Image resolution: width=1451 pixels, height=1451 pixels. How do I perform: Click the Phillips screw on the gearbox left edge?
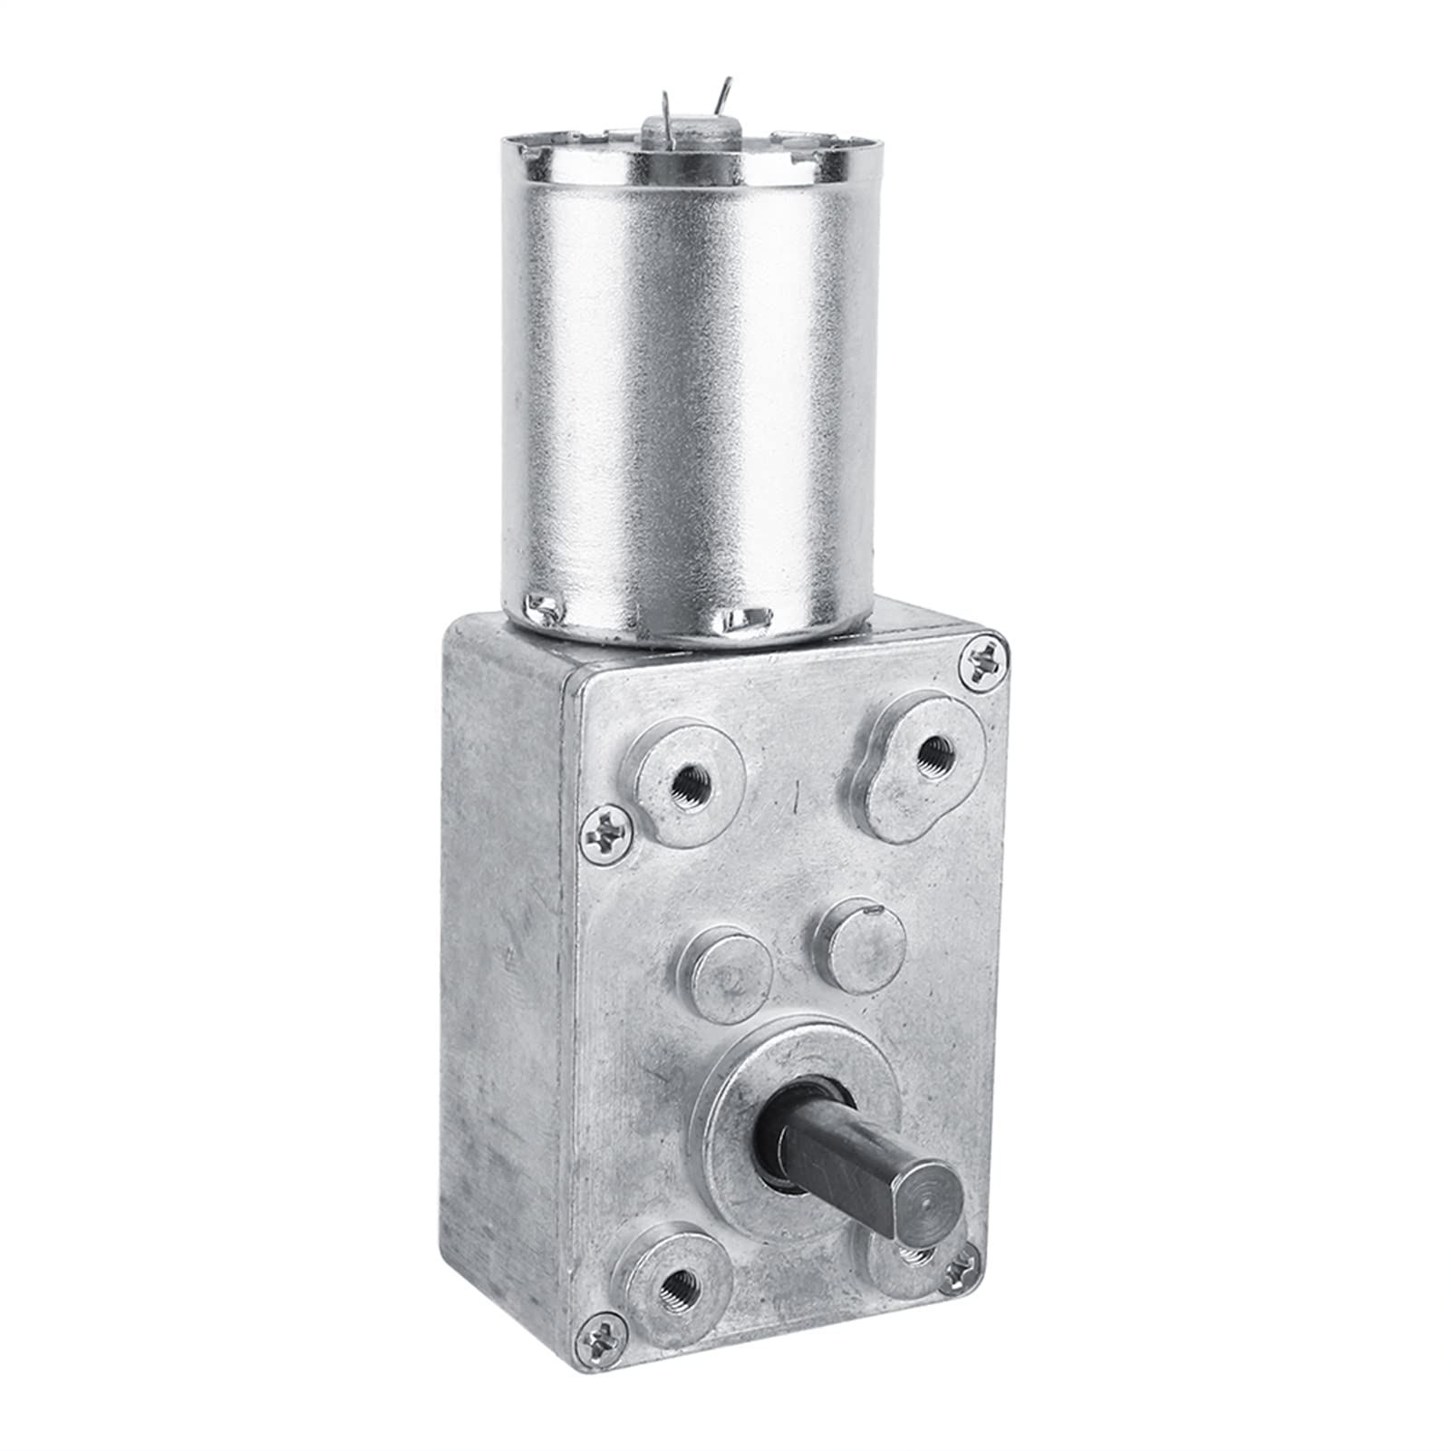coord(602,834)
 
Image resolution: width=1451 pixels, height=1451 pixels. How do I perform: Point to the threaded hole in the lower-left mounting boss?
coord(676,1282)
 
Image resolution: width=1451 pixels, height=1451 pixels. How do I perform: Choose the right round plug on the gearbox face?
coord(859,947)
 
